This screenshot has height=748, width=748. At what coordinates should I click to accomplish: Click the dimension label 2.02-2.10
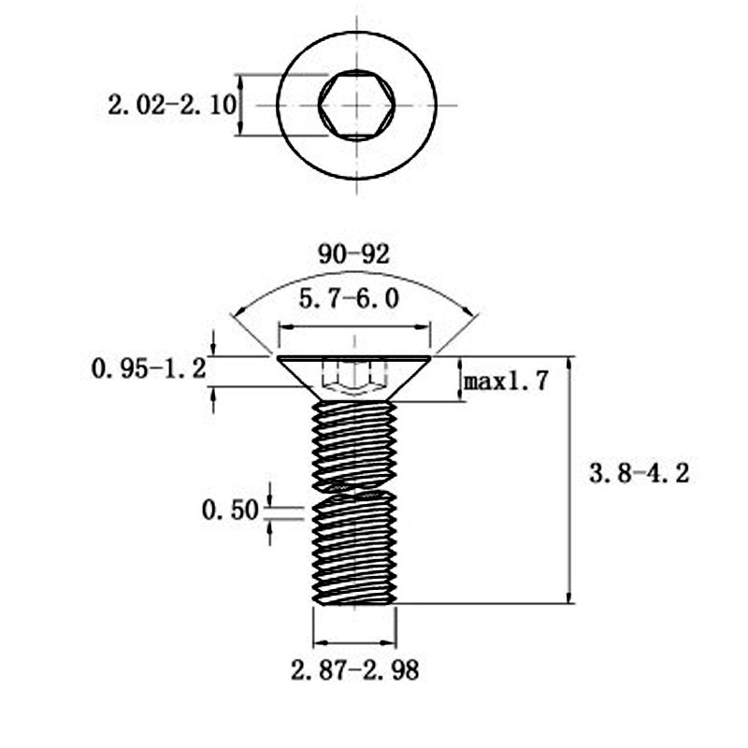click(171, 104)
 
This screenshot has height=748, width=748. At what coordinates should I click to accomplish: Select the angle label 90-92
click(353, 254)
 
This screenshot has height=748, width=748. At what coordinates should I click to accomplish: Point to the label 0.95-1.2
click(149, 369)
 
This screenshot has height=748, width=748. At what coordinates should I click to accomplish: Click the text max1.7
click(506, 381)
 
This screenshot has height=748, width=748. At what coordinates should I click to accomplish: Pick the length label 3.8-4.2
click(638, 474)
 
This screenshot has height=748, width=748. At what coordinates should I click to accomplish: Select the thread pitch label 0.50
click(230, 511)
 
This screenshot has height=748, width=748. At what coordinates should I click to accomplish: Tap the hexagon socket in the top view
click(356, 105)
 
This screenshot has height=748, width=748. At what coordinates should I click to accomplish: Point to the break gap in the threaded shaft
click(353, 489)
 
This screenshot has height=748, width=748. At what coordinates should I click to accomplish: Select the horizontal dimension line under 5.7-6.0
click(354, 327)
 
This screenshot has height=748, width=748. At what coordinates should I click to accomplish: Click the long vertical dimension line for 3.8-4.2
click(569, 477)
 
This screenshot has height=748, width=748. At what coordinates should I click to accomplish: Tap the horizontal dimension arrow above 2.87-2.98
click(353, 642)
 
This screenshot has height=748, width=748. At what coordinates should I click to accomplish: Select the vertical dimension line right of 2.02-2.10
click(241, 105)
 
